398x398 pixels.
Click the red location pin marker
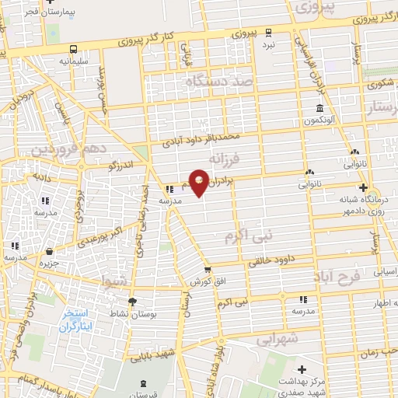click(200, 183)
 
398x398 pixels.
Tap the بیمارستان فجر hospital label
click(30, 13)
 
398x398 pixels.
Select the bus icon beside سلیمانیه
click(72, 48)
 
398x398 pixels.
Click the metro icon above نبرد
click(267, 32)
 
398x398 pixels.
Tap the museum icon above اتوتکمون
click(319, 109)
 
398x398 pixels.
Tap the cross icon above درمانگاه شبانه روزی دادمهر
click(362, 187)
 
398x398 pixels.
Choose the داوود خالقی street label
click(276, 261)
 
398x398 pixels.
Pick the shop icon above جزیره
click(51, 251)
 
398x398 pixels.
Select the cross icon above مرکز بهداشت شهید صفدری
click(302, 368)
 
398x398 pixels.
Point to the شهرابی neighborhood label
click(278, 339)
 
